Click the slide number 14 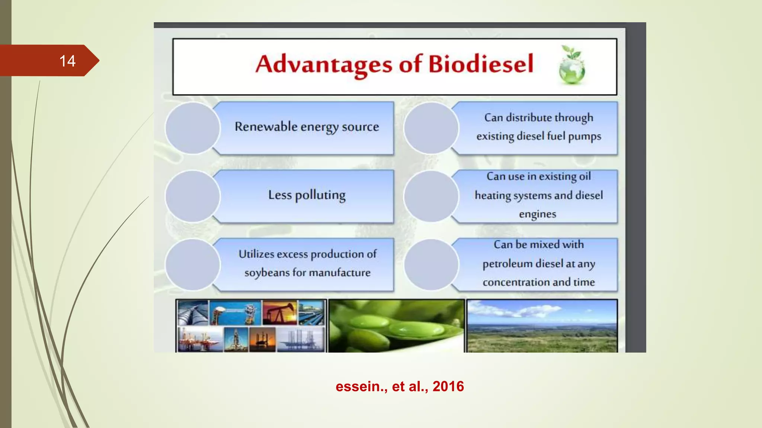(x=67, y=61)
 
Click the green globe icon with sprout (x=571, y=65)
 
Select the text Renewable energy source (x=307, y=127)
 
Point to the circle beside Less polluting (x=193, y=196)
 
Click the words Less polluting (x=307, y=195)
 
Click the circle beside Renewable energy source (x=193, y=128)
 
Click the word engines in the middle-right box (x=537, y=214)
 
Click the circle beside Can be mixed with (x=431, y=265)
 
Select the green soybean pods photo (x=396, y=325)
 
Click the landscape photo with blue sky (x=542, y=325)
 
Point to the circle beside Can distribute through (x=431, y=128)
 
